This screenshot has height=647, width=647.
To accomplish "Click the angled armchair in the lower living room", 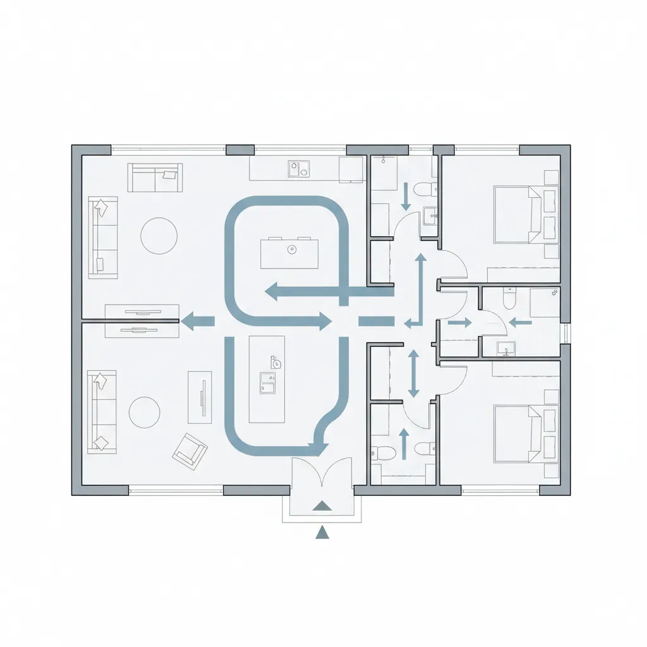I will coord(190,450).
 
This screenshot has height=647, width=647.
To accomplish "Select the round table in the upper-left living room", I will coord(159,236).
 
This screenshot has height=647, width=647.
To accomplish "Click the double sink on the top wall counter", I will coord(299,169).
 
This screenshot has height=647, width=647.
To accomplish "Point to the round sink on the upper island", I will coord(291,250).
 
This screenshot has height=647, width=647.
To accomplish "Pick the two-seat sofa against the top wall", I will coord(155,177).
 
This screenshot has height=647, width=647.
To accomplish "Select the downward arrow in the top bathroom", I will coord(406,197).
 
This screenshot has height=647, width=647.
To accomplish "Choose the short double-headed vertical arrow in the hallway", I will coord(413,373).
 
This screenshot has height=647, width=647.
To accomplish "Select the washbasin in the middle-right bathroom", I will coord(506,348).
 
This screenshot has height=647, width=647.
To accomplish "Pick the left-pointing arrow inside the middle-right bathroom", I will coord(520,322).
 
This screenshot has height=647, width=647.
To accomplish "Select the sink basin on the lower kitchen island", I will coord(267,382).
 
